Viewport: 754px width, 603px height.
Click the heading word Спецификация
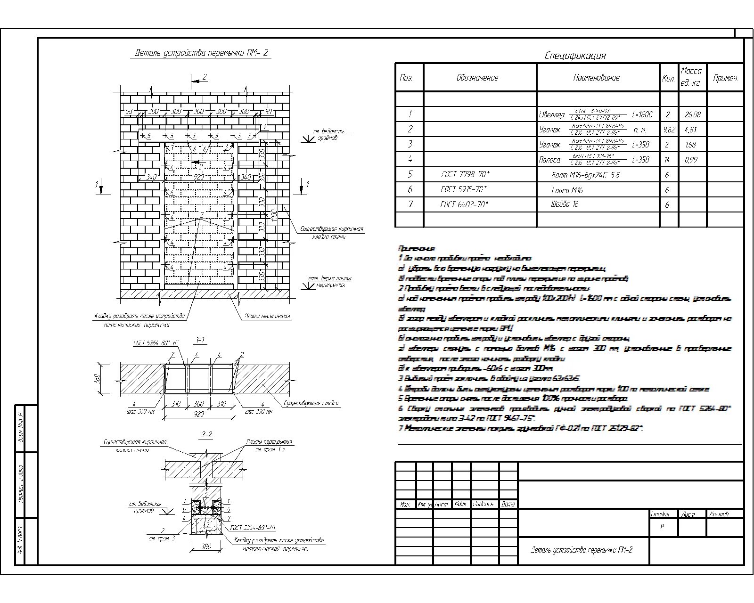click(x=575, y=56)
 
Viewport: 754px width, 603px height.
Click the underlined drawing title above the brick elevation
click(x=202, y=53)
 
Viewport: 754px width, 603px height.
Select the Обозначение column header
click(x=477, y=78)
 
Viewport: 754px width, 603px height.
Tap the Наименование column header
click(x=596, y=78)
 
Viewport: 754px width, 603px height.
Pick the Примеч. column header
click(x=725, y=78)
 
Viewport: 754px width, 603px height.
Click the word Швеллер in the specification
click(x=551, y=114)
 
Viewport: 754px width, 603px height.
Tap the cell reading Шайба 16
click(x=565, y=204)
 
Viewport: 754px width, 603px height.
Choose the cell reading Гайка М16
click(x=567, y=190)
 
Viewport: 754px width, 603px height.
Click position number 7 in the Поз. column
click(x=410, y=204)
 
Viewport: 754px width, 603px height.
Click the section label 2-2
click(x=206, y=436)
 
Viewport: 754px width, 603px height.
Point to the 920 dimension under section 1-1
click(x=198, y=414)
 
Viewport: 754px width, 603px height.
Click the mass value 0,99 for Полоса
click(x=691, y=160)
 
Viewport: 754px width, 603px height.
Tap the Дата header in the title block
click(x=508, y=504)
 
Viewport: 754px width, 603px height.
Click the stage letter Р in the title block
click(x=662, y=527)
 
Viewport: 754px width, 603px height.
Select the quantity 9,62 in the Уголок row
click(x=669, y=130)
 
